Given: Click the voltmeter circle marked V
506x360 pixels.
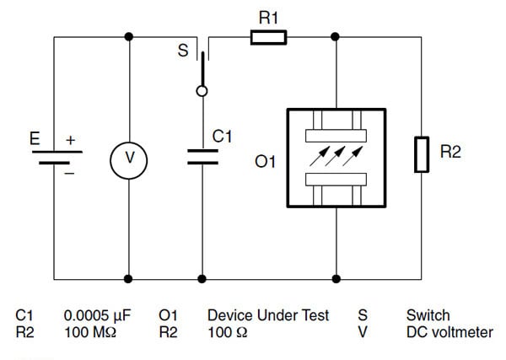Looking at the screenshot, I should point(128,158).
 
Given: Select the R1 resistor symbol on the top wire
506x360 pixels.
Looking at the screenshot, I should point(268,36).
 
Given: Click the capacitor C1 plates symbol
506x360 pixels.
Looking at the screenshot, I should point(202,156).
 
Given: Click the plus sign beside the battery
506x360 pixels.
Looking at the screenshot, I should point(70,139).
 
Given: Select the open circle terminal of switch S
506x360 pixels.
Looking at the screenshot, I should point(202,91).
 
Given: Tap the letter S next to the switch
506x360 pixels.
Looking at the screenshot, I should point(182,51).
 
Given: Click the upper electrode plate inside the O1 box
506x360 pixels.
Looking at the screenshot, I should point(336,135).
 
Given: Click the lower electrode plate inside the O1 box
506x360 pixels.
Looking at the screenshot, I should point(336,179).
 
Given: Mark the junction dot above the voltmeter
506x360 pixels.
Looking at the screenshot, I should point(128,36).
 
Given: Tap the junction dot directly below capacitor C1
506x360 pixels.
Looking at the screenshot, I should point(202,277).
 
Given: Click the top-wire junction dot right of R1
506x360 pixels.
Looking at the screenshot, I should point(336,36).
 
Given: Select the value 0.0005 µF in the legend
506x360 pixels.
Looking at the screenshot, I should point(96,316).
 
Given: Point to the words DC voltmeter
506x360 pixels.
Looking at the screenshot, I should point(449,332).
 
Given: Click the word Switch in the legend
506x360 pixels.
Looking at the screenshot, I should point(428,316).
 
